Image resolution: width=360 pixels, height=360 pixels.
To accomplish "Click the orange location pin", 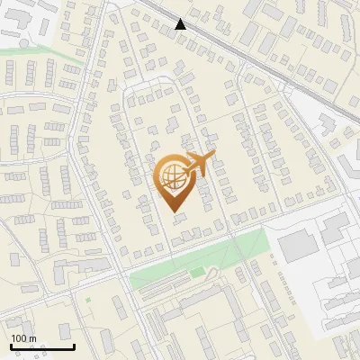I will [174, 180].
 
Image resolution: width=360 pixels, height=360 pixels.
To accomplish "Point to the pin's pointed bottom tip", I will [174, 211].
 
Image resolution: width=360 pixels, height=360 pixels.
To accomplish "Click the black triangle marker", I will [182, 24].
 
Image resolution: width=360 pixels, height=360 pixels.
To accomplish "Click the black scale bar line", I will [41, 347].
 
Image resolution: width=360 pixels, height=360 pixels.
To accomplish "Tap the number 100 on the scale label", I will [19, 339].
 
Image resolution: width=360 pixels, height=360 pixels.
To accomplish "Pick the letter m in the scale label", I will [31, 339].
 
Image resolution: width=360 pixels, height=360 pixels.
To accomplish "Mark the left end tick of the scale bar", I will [11, 346].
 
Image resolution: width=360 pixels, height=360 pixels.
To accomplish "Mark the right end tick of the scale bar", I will [73, 346].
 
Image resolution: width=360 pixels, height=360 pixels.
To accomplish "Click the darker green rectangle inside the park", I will [197, 272].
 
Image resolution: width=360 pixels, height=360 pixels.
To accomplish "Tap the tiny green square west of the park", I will [87, 300].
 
